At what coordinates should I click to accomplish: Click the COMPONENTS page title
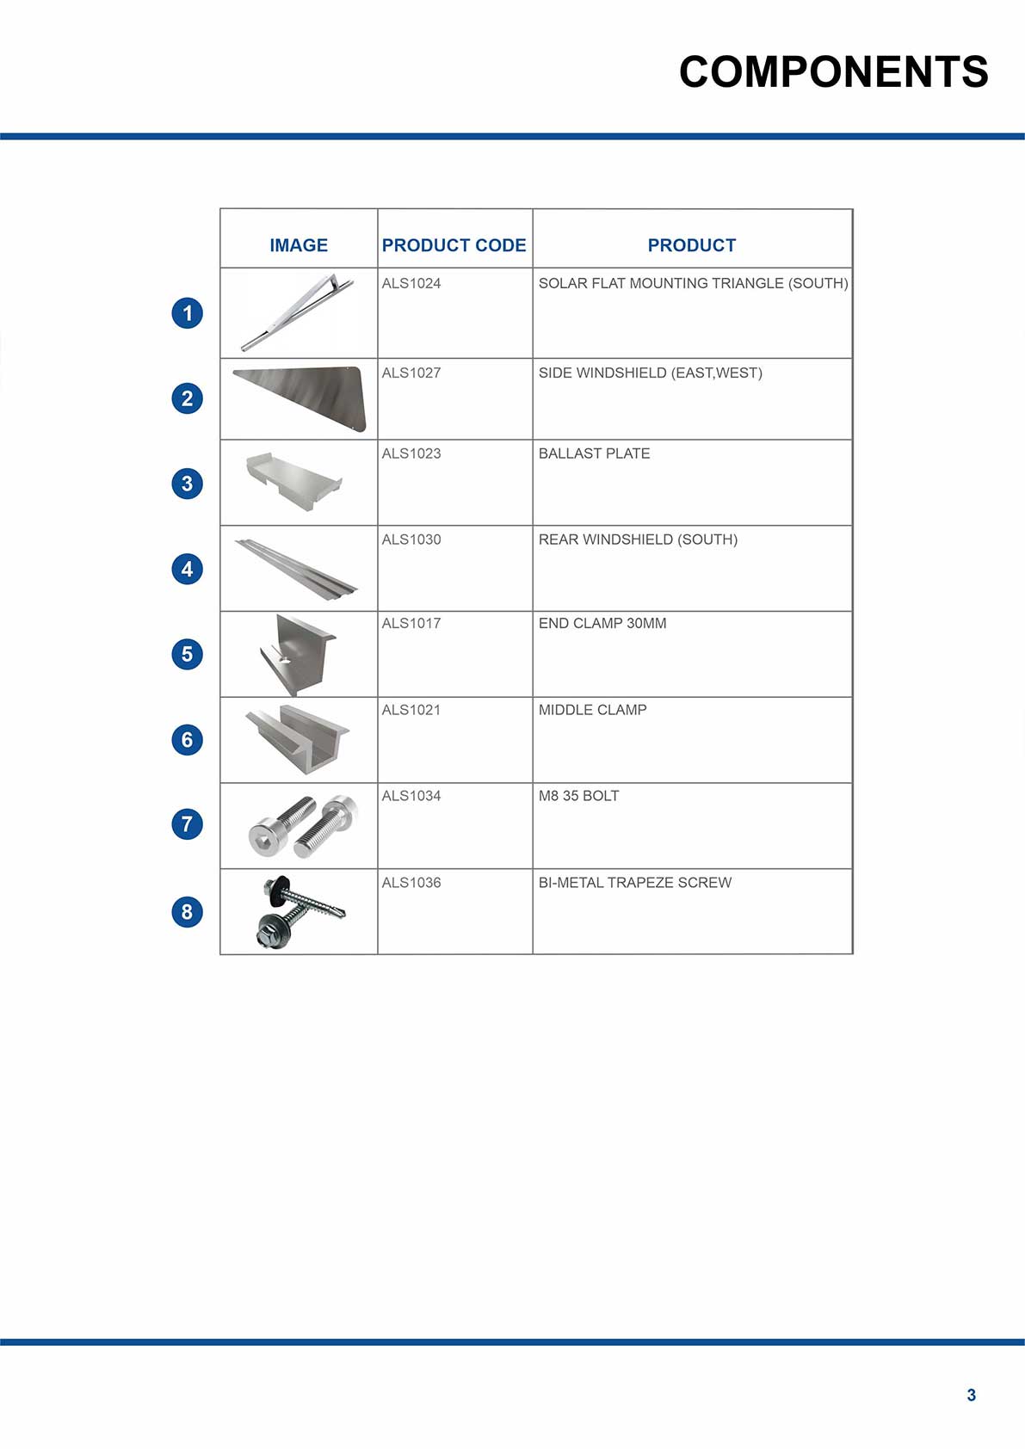tap(833, 71)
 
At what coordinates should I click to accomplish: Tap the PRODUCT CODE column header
tap(454, 245)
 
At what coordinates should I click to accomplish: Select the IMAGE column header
tap(299, 245)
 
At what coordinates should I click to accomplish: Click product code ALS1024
tap(411, 283)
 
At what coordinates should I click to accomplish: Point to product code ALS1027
tap(411, 373)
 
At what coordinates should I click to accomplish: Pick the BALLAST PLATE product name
tap(594, 453)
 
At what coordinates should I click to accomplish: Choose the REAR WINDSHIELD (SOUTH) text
tap(638, 540)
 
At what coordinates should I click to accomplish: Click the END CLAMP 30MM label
tap(602, 623)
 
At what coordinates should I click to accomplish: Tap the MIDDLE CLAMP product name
tap(592, 710)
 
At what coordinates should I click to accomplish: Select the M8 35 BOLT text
tap(578, 796)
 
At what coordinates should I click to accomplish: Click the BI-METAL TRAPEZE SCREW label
tap(635, 883)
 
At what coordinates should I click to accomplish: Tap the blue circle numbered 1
tap(188, 312)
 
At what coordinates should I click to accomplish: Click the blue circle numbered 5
tap(188, 654)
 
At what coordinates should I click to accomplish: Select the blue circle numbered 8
tap(188, 911)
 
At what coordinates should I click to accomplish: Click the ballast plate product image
tap(294, 480)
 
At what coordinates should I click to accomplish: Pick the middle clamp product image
tap(298, 738)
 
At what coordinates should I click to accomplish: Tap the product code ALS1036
tap(411, 883)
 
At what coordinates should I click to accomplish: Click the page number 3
tap(972, 1395)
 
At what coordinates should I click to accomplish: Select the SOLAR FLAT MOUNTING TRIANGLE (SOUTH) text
tap(693, 283)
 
